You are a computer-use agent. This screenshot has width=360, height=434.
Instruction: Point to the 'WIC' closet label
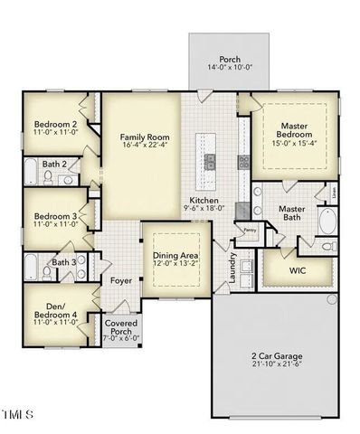(297, 270)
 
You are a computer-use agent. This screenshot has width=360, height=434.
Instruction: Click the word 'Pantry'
(251, 230)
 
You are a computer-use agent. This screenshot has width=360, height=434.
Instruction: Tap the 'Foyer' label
(121, 280)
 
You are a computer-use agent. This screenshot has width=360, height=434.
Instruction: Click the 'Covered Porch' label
(120, 328)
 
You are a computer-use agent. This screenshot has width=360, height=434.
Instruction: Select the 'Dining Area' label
(175, 257)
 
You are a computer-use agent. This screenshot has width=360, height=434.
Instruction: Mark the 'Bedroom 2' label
(54, 125)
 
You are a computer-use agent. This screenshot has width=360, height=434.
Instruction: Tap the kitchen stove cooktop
(243, 163)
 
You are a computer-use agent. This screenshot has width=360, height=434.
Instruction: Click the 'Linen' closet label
(334, 193)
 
